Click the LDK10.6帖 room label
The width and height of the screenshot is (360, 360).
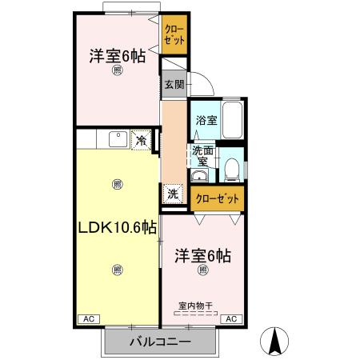[x=117, y=229]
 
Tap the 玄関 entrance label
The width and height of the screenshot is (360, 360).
[x=174, y=84]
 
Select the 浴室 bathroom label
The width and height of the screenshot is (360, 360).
[x=206, y=121]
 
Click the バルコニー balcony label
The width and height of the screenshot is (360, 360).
[x=160, y=342]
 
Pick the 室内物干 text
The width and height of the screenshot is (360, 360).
[x=196, y=305]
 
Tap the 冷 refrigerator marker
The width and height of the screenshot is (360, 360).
[x=141, y=142]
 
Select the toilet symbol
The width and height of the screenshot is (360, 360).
[x=230, y=167]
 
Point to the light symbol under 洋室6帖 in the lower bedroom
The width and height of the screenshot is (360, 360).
[x=202, y=270]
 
